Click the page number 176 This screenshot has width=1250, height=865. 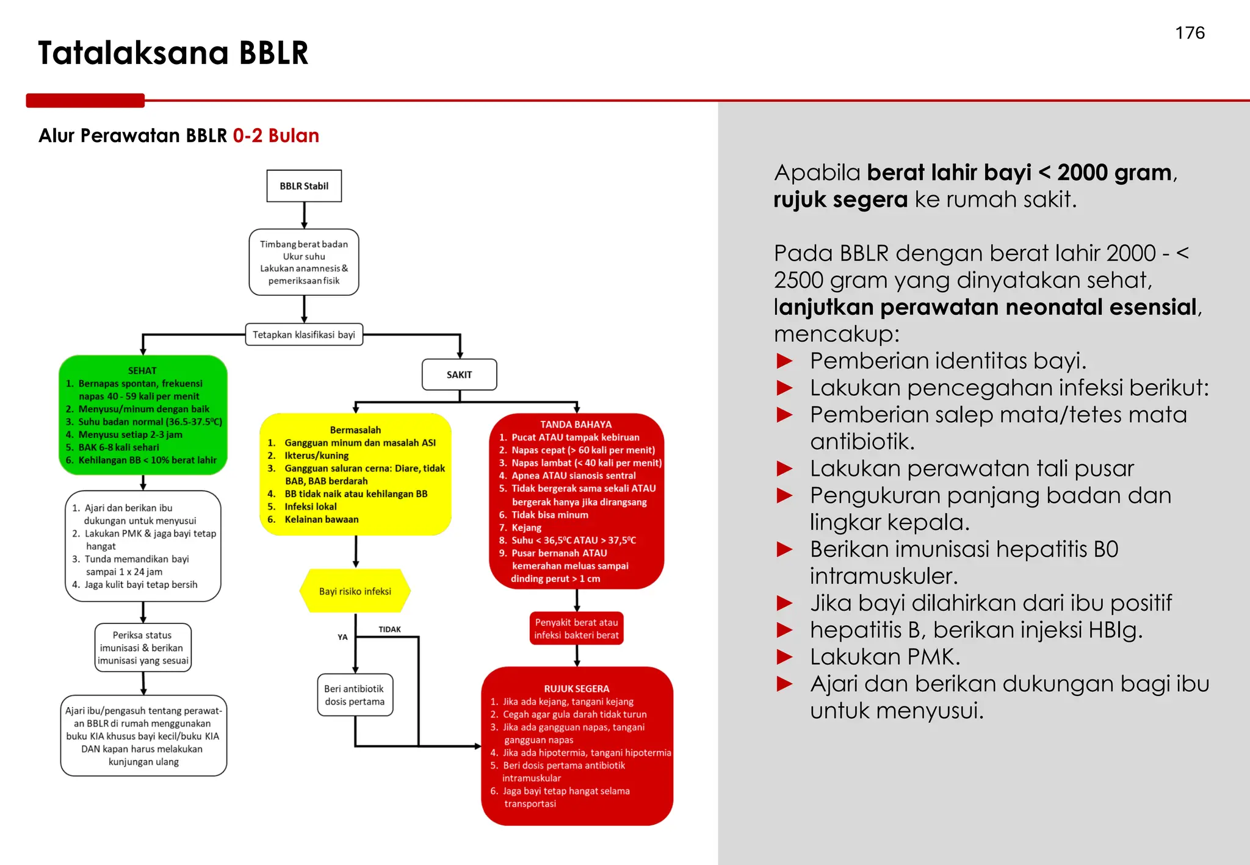pos(1190,33)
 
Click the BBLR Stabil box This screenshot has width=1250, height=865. pos(304,186)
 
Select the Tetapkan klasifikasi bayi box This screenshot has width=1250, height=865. pos(304,335)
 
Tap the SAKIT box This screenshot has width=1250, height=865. pos(459,375)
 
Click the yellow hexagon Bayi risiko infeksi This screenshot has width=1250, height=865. pos(355,591)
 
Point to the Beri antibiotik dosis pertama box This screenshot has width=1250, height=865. pos(355,695)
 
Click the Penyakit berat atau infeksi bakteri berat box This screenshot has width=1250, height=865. pos(576,628)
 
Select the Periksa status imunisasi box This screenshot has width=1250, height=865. pos(143,648)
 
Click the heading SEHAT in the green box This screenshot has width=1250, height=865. pos(142,370)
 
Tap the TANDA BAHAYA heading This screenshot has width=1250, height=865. pos(576,425)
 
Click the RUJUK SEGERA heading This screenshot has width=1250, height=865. pos(576,689)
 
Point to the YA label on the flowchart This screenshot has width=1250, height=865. pos(342,637)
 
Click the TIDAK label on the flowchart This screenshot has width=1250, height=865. pos(389,630)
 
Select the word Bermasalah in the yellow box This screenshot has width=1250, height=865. pos(355,430)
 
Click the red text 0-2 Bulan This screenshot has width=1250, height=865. pos(276,135)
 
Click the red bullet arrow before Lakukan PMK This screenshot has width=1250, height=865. pos(784,657)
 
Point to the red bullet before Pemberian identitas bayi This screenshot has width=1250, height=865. pos(784,361)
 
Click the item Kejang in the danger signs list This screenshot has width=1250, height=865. pos(526,528)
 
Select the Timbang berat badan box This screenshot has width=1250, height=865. pos(304,262)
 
